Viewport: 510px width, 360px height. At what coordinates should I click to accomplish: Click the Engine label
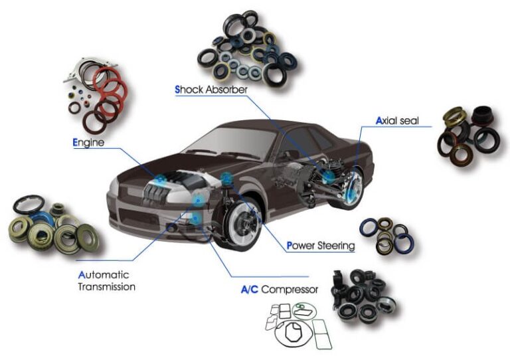[x=88, y=143]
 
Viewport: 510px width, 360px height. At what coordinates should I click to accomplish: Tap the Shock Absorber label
[x=211, y=90]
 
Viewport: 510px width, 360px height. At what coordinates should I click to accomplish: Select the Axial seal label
[x=397, y=121]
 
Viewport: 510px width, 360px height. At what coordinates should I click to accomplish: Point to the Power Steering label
[x=320, y=246]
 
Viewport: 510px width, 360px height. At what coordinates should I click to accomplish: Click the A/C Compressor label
[x=280, y=289]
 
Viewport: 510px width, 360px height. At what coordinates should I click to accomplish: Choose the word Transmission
[x=107, y=287]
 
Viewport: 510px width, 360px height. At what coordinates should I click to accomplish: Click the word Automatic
[x=104, y=275]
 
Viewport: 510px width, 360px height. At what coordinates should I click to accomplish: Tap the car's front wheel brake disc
[x=243, y=223]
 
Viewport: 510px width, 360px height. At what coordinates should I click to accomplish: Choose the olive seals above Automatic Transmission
[x=54, y=225]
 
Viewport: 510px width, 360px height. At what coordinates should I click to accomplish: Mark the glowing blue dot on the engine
[x=160, y=179]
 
